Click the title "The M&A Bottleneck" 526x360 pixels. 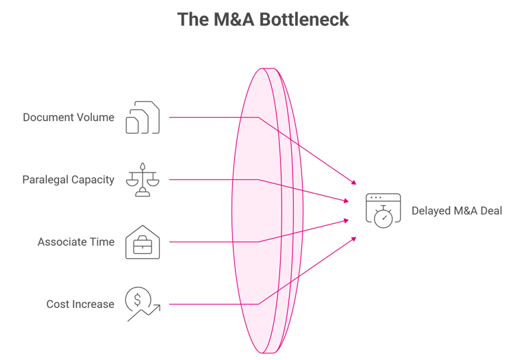click(263, 19)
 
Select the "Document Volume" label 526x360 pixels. click(68, 117)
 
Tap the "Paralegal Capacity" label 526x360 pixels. click(68, 180)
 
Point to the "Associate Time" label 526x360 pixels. click(76, 242)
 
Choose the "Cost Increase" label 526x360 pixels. click(80, 304)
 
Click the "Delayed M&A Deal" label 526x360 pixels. click(457, 211)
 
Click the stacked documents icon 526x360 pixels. click(142, 118)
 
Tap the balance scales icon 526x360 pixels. click(142, 180)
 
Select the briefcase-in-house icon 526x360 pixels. click(142, 242)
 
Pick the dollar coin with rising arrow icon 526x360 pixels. click(142, 305)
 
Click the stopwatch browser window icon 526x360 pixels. click(382, 210)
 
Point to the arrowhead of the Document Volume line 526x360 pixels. click(354, 182)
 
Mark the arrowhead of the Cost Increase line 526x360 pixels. click(354, 238)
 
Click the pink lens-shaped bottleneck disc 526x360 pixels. click(264, 211)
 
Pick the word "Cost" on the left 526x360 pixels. click(57, 304)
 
